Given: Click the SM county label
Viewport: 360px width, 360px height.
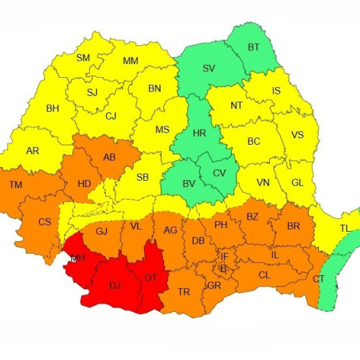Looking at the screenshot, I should tap(84, 58).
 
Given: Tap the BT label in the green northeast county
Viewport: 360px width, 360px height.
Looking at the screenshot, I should tap(254, 47).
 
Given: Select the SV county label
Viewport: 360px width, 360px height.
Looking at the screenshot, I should tap(209, 68).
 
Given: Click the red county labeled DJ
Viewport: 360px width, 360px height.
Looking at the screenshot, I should tap(114, 285).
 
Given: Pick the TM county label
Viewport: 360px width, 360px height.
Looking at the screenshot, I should tap(15, 186).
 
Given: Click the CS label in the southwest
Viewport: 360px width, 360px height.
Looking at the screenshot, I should tap(45, 222).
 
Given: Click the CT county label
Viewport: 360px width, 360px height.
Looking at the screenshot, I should tap(318, 279).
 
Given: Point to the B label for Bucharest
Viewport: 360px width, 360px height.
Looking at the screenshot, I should tap(223, 269).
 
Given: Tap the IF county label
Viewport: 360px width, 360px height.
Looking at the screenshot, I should tap(224, 256).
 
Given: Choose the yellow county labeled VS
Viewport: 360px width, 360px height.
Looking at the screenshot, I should tap(297, 134).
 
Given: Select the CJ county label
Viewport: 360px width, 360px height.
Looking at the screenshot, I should tap(110, 116).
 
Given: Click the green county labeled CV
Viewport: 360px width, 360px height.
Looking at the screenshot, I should tap(220, 173).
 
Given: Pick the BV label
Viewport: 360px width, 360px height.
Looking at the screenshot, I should tap(189, 184).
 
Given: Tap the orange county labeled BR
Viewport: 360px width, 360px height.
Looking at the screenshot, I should tap(294, 225).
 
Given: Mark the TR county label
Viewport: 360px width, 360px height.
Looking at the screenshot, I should tap(184, 292).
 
